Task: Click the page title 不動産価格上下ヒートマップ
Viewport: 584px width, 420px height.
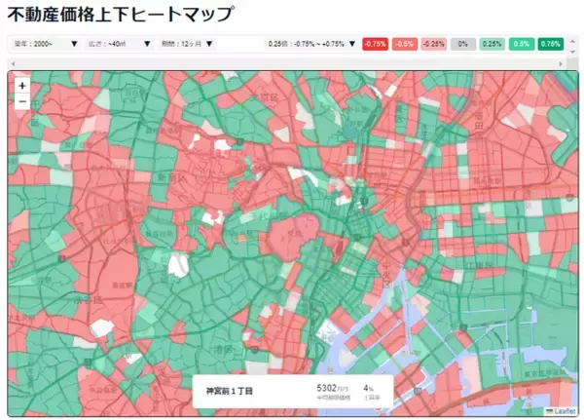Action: tap(121, 15)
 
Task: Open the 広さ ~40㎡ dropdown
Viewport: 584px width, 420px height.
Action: tap(118, 44)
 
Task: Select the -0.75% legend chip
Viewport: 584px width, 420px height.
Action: tap(375, 44)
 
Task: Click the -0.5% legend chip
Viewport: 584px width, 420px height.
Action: tap(405, 44)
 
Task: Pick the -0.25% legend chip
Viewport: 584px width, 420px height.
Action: tap(434, 44)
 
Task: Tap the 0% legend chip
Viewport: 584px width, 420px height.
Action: tap(463, 44)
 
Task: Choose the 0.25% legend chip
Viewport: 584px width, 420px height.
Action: tap(492, 44)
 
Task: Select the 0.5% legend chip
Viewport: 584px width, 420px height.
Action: tap(522, 44)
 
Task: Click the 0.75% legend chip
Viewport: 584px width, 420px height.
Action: tap(551, 44)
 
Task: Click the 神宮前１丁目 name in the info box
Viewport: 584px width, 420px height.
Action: tap(229, 391)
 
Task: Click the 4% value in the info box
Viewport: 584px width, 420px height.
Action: tap(368, 388)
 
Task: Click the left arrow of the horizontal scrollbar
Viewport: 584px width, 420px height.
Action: tap(12, 62)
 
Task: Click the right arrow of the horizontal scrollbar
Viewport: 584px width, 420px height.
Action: tap(571, 62)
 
